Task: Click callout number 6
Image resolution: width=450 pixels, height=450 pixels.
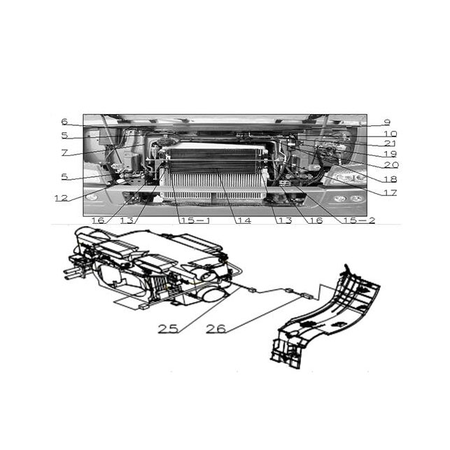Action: pos(64,122)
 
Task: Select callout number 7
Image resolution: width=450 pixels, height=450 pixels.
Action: pos(64,153)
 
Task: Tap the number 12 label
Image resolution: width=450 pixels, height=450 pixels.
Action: pos(62,198)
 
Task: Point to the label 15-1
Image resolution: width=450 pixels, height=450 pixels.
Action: pos(195,220)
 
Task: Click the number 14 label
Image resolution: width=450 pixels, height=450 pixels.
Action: pos(244,220)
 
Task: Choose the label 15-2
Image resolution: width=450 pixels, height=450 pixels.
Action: pos(360,220)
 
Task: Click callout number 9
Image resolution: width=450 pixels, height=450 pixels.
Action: pos(387,122)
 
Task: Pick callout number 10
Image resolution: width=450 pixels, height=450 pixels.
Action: pos(391,134)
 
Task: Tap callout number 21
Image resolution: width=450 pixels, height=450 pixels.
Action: pos(391,143)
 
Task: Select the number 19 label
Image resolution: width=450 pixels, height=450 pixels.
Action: pos(391,154)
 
